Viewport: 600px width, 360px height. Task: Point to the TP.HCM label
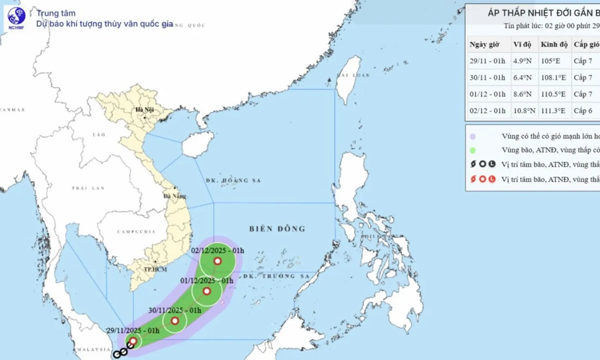155,269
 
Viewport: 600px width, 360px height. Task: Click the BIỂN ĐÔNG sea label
277,229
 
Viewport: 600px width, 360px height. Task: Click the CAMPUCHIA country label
136,232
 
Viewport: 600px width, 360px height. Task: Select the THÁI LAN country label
82,188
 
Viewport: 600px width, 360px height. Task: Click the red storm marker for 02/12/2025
218,261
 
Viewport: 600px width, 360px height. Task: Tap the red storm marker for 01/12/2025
207,291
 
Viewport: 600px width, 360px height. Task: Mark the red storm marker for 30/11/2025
175,321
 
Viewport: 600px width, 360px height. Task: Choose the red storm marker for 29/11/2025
133,341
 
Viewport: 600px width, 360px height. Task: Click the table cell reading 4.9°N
522,61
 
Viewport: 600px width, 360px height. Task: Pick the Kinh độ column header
554,45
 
